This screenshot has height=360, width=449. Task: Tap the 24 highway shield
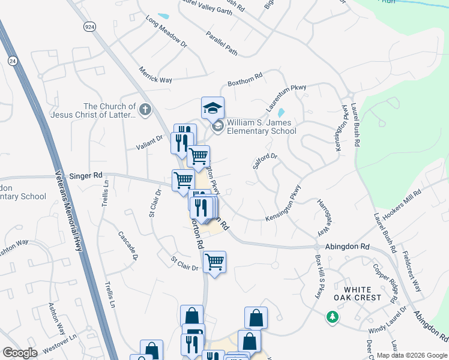pos(13,61)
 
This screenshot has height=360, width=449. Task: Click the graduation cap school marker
pos(212,108)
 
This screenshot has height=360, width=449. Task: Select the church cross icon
pos(145,110)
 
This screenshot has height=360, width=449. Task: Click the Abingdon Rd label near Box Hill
pos(348,246)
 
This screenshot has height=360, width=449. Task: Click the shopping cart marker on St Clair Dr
pos(214,262)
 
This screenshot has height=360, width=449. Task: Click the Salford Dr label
pos(265,161)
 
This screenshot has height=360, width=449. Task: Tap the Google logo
pos(20,353)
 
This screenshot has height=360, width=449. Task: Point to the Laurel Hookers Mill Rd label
pos(397,203)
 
